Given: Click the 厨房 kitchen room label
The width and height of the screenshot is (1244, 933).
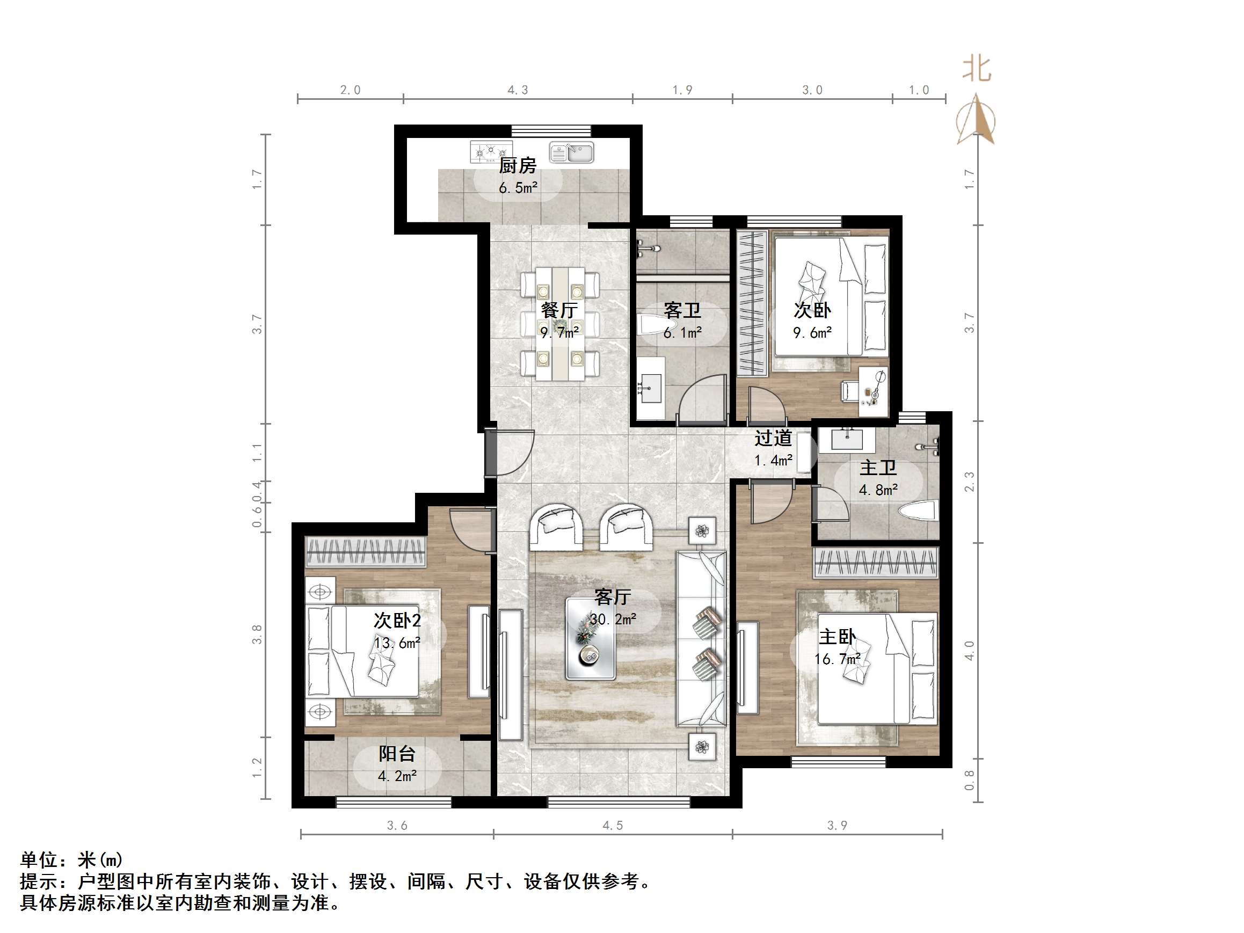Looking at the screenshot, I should (518, 165).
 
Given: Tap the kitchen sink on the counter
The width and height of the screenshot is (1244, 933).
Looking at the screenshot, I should (571, 152).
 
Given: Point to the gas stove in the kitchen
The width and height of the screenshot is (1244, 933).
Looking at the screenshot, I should (491, 152).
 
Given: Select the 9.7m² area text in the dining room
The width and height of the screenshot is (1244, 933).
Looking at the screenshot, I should (559, 332).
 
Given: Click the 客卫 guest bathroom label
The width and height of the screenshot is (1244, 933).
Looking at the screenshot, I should (682, 310).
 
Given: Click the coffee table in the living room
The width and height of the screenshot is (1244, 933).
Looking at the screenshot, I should (590, 639).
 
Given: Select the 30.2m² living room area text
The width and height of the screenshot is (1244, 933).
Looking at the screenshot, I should (613, 619).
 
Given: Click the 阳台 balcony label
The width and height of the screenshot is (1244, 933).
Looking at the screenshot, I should (397, 753).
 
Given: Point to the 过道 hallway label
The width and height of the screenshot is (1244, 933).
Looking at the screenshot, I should (773, 438).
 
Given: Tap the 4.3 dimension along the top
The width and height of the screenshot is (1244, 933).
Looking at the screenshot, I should (518, 90).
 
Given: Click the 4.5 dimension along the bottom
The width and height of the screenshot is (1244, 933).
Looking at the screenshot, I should (613, 826).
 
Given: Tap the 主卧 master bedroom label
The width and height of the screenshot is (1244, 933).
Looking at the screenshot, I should (838, 637).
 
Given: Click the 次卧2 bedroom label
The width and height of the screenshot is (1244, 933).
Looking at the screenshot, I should (397, 621).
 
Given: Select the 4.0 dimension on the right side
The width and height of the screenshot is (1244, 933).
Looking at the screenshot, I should (969, 650).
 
